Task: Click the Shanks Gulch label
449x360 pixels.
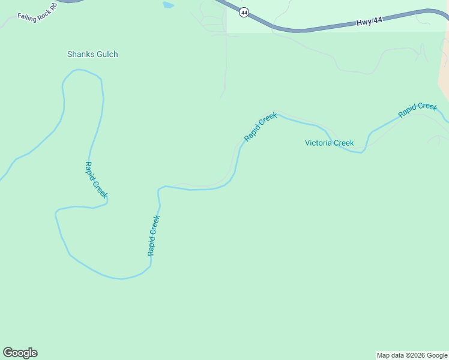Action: click(x=92, y=54)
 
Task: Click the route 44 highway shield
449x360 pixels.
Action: click(x=243, y=12)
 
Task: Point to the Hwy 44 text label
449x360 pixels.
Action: click(x=369, y=22)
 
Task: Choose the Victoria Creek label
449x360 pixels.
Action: click(x=329, y=143)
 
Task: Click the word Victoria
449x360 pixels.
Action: click(x=318, y=143)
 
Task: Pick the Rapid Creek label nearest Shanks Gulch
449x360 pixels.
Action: click(x=96, y=179)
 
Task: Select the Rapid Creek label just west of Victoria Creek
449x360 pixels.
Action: click(x=261, y=127)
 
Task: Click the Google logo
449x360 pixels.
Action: click(x=20, y=353)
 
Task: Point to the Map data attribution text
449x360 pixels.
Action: click(x=412, y=355)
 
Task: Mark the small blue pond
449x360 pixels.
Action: click(x=168, y=5)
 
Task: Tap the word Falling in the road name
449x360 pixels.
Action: click(x=28, y=15)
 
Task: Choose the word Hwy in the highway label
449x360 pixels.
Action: click(x=363, y=23)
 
